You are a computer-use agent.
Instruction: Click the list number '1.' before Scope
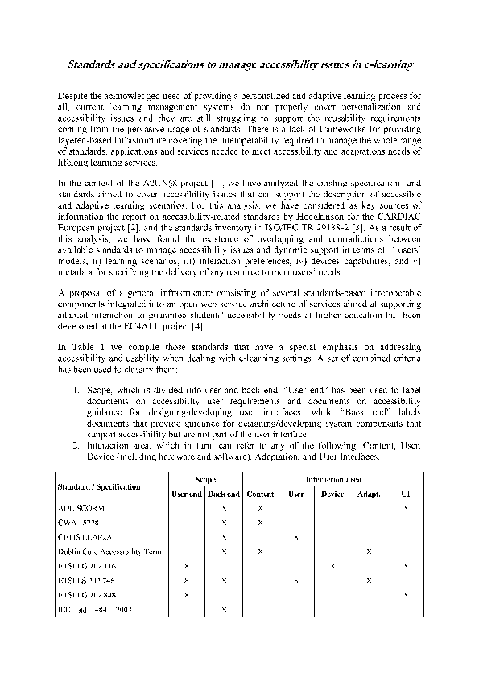(74, 388)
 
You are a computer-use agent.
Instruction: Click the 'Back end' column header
(224, 494)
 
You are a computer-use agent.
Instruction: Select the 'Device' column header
(332, 494)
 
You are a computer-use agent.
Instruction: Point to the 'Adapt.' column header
(369, 494)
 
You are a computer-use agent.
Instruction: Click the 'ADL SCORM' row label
(81, 509)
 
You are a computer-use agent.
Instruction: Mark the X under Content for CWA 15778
(260, 523)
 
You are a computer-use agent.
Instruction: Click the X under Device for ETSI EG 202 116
(332, 566)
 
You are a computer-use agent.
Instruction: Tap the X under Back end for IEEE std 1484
(225, 610)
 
